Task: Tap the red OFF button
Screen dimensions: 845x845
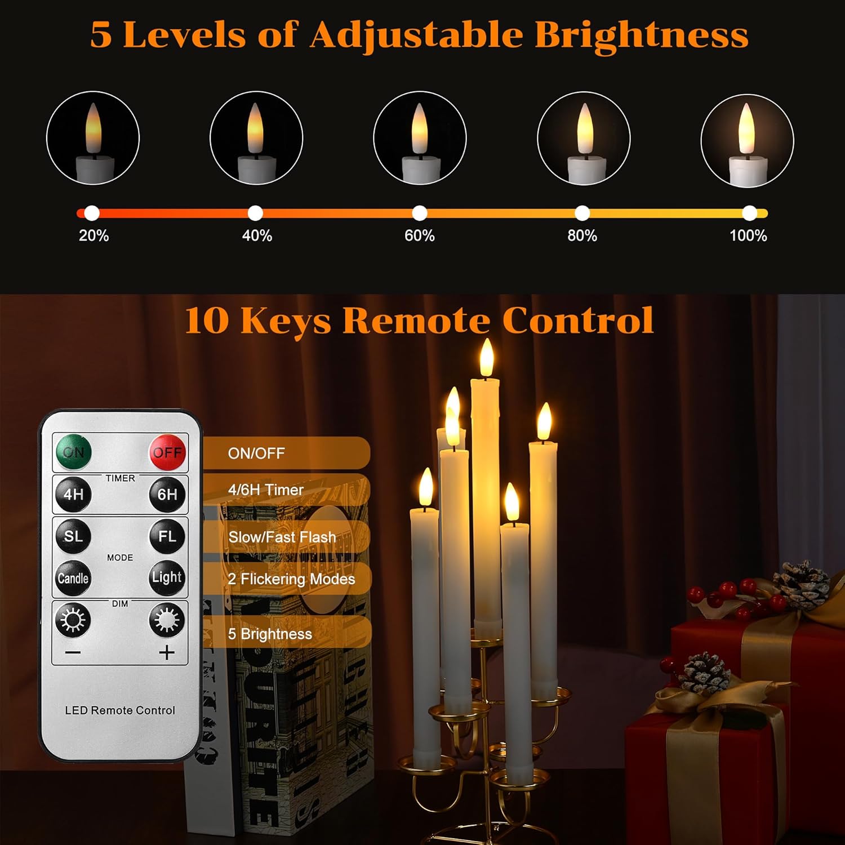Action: tap(167, 452)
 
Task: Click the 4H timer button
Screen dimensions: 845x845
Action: tap(73, 494)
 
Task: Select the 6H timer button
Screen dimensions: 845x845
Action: tap(167, 494)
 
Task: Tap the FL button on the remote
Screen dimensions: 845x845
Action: tap(167, 536)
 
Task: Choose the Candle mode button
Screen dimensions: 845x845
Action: tap(73, 578)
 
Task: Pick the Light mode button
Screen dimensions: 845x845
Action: tap(167, 577)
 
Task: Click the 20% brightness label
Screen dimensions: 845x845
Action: tap(94, 235)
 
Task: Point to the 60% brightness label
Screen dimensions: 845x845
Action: tap(420, 235)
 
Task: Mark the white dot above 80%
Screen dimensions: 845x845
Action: tap(582, 213)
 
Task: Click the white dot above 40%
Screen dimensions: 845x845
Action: tap(255, 213)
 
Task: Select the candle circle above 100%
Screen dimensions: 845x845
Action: tap(747, 140)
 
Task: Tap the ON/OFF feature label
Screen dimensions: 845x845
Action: tap(256, 453)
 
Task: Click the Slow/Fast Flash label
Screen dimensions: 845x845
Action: tap(282, 537)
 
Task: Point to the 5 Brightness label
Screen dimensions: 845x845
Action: tap(270, 634)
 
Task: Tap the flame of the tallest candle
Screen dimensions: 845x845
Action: tap(487, 358)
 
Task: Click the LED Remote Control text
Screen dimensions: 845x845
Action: tap(120, 710)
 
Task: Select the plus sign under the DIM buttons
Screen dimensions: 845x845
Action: tap(167, 652)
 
